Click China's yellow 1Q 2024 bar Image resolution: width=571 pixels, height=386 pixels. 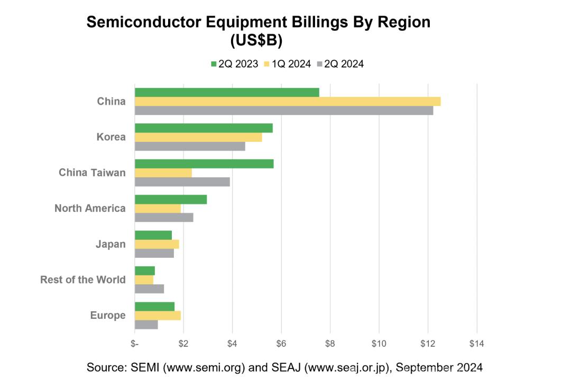pyautogui.click(x=288, y=102)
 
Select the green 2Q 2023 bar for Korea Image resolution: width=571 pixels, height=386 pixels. pyautogui.click(x=204, y=128)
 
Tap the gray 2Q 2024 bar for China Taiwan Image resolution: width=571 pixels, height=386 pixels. pyautogui.click(x=182, y=182)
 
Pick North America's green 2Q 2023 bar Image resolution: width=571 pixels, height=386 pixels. pyautogui.click(x=171, y=200)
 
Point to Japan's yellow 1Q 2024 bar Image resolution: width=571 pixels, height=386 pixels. pyautogui.click(x=157, y=244)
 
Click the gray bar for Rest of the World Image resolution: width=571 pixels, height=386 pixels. pyautogui.click(x=149, y=289)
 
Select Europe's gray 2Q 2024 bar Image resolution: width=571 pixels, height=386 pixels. pyautogui.click(x=146, y=325)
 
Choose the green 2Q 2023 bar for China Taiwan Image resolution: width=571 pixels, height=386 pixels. pyautogui.click(x=204, y=164)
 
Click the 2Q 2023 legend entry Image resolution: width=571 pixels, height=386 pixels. pyautogui.click(x=234, y=64)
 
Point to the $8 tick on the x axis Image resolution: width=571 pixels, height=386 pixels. pyautogui.click(x=330, y=344)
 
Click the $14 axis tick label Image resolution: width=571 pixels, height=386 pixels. pyautogui.click(x=476, y=344)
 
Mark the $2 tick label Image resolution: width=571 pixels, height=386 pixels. pyautogui.click(x=183, y=344)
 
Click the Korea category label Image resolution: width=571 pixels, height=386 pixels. pyautogui.click(x=111, y=137)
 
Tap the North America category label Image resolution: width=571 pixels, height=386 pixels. pyautogui.click(x=90, y=209)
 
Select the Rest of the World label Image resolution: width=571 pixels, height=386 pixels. pyautogui.click(x=83, y=280)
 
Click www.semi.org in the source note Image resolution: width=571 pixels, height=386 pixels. pyautogui.click(x=206, y=367)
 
